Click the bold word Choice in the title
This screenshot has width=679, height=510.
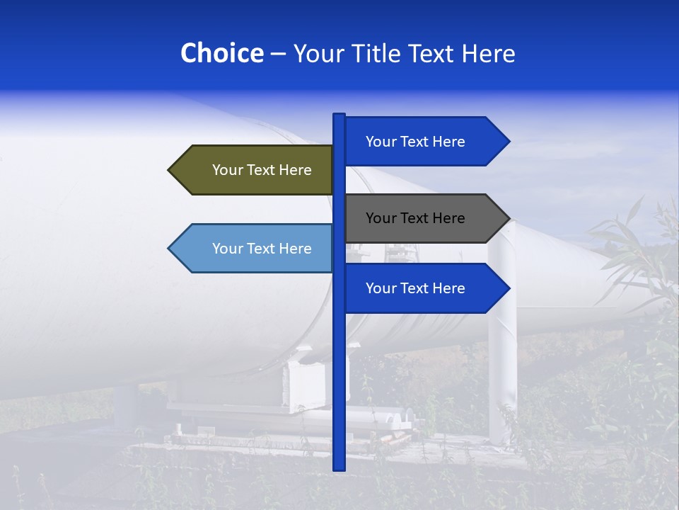[221, 54]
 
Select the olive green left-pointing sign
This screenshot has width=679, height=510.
[255, 170]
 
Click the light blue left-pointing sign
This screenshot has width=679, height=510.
[255, 249]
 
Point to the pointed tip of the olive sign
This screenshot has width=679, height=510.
[170, 170]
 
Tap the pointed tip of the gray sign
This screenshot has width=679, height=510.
[509, 218]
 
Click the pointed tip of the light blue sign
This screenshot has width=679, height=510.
[170, 249]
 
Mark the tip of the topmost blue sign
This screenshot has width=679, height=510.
[509, 142]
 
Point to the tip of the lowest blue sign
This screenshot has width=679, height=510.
[509, 288]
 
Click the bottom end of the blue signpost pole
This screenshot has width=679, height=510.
[339, 467]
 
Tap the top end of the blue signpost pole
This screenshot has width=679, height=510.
[339, 115]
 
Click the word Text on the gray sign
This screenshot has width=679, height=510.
[415, 218]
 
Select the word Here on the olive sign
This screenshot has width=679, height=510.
[295, 170]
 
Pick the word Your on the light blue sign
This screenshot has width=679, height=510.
[227, 249]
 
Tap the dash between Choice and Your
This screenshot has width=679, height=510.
[278, 54]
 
